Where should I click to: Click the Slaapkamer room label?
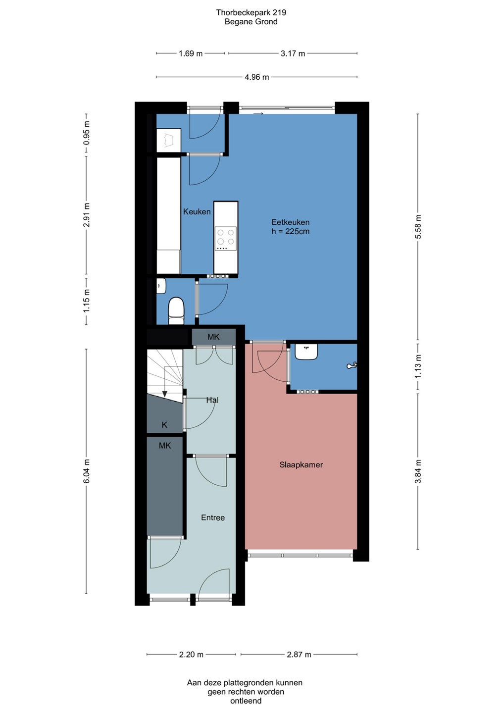click(x=301, y=465)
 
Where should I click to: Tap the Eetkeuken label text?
click(x=290, y=222)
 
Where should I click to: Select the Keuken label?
click(x=197, y=212)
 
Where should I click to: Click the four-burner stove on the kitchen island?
click(x=226, y=238)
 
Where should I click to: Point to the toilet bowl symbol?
click(x=176, y=311)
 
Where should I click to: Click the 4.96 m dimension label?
click(x=257, y=77)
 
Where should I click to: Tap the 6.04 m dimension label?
click(x=86, y=471)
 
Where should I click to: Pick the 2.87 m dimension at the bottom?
click(x=299, y=655)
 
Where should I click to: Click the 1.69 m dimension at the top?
click(x=191, y=53)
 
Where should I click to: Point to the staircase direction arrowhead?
click(x=164, y=394)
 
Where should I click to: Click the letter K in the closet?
click(x=164, y=425)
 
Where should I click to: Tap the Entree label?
click(x=213, y=518)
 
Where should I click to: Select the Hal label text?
click(x=212, y=400)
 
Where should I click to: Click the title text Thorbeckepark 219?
click(x=251, y=12)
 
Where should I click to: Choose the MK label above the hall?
click(x=213, y=337)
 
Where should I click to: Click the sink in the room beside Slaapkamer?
click(x=306, y=352)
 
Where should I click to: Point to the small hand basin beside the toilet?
click(x=161, y=286)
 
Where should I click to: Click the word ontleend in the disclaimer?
click(x=246, y=701)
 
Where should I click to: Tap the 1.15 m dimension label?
click(x=86, y=301)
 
